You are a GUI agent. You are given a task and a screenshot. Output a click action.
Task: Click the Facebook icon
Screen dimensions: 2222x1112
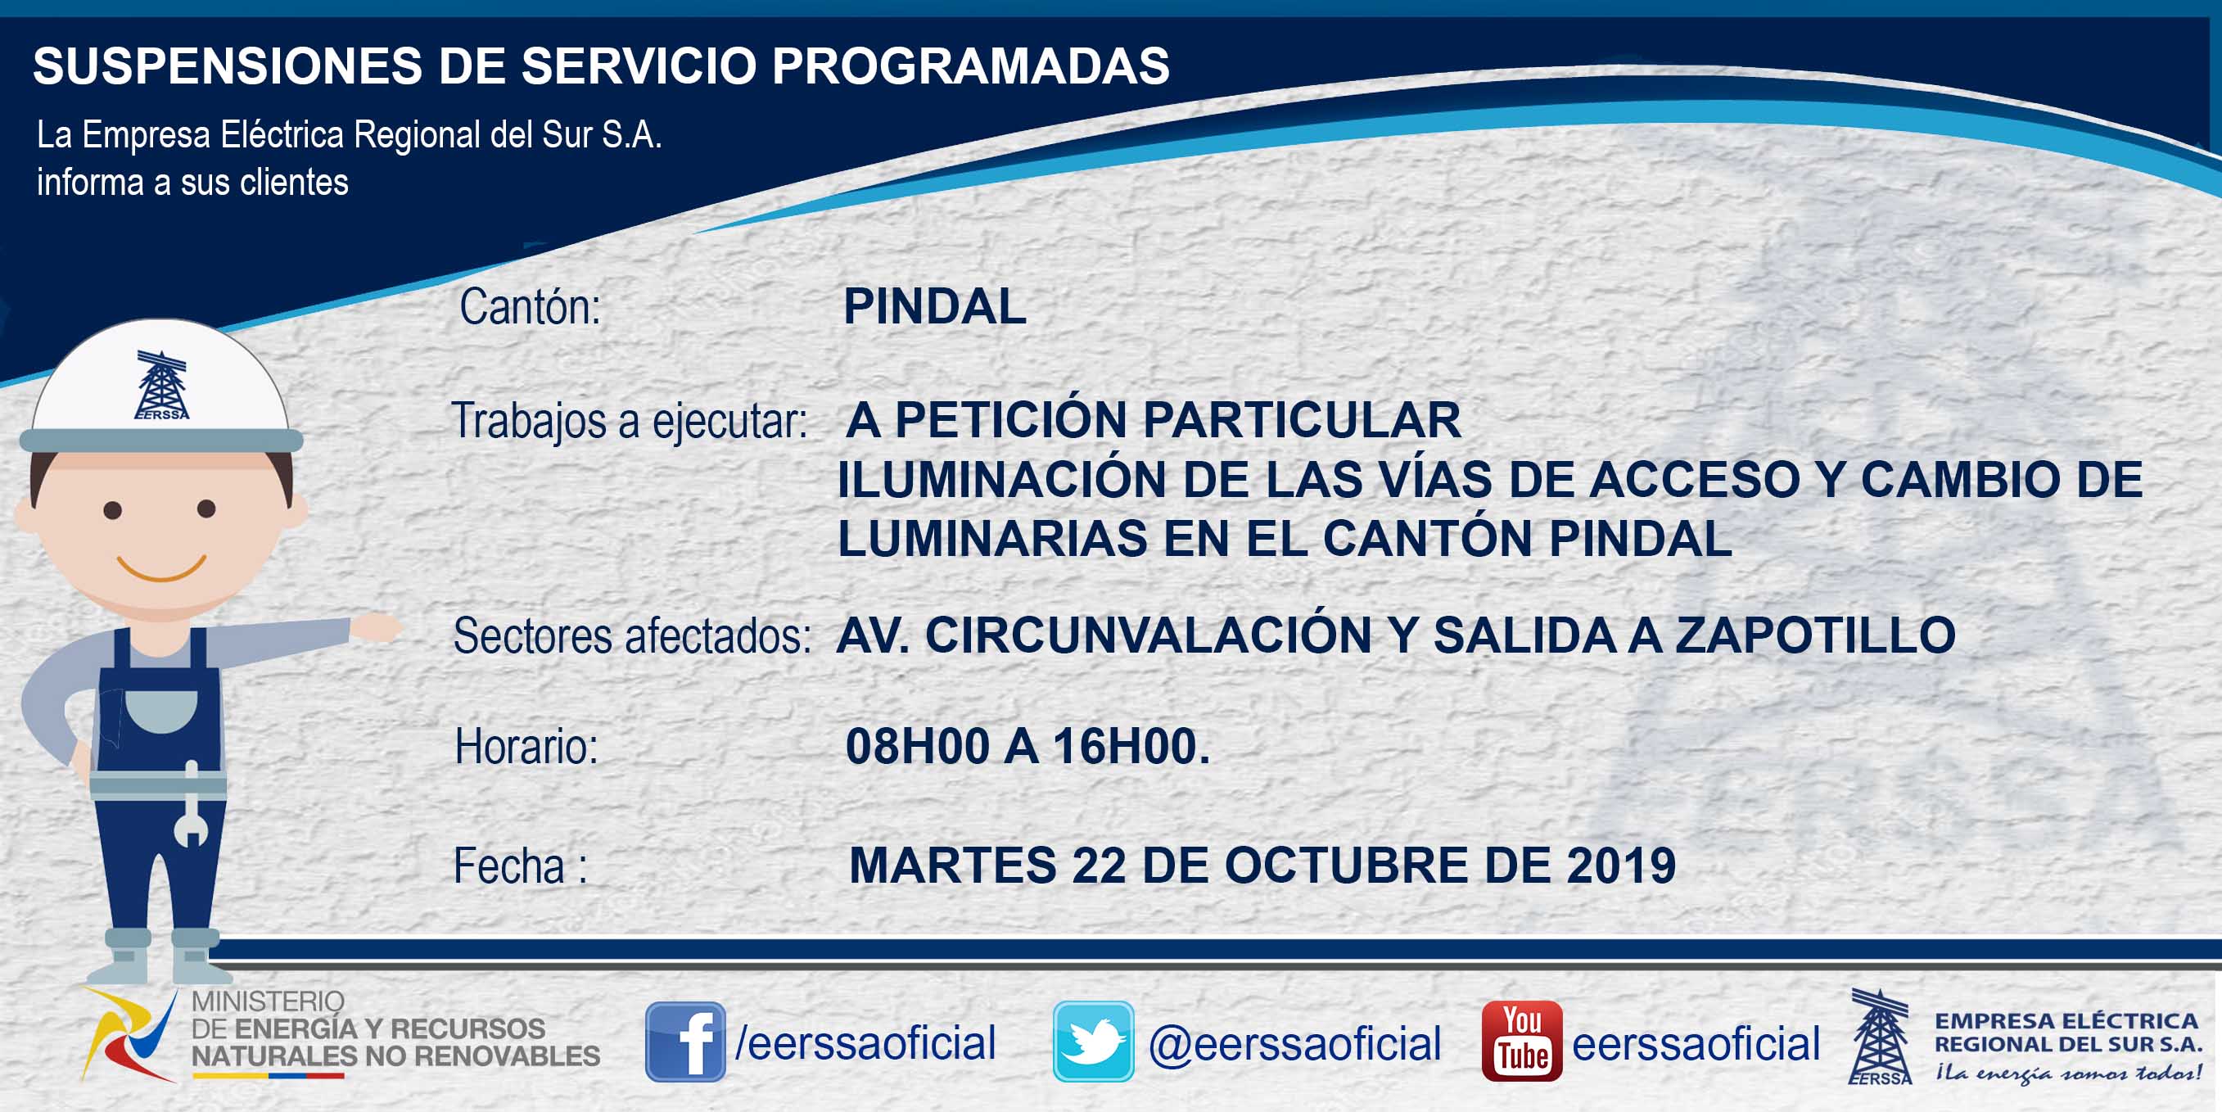coord(686,1042)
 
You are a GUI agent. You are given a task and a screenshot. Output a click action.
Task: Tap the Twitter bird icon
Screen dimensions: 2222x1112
coord(1093,1042)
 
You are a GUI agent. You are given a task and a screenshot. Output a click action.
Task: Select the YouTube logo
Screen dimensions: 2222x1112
coord(1521,1042)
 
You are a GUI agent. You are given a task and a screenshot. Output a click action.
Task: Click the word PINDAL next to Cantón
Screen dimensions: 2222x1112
coord(935,306)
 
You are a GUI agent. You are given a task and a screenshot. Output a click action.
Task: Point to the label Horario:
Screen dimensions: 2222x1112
coord(526,746)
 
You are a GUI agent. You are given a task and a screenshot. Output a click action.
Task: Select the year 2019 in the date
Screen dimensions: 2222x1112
coord(1621,866)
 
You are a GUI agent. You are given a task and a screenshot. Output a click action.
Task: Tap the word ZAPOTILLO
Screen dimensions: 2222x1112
coord(1816,635)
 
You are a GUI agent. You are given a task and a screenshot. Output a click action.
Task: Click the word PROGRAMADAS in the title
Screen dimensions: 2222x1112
coord(970,66)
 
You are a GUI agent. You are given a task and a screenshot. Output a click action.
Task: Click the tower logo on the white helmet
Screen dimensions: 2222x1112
coord(161,385)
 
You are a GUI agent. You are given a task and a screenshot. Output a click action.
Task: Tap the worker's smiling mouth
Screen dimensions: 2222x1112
coord(161,569)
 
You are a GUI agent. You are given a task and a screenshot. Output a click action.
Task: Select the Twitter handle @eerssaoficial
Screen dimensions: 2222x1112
coord(1294,1044)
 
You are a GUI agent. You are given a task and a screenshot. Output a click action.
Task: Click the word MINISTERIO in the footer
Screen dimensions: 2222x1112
coord(268,1001)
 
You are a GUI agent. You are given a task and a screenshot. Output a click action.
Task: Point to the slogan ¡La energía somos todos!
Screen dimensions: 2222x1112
coord(2068,1074)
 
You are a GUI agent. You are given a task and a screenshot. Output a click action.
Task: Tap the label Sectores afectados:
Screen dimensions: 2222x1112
coord(632,637)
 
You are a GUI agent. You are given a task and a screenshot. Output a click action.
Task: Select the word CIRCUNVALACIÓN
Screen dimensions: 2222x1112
coord(1148,635)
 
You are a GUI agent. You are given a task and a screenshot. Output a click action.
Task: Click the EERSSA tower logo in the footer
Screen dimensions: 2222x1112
coord(1880,1036)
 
